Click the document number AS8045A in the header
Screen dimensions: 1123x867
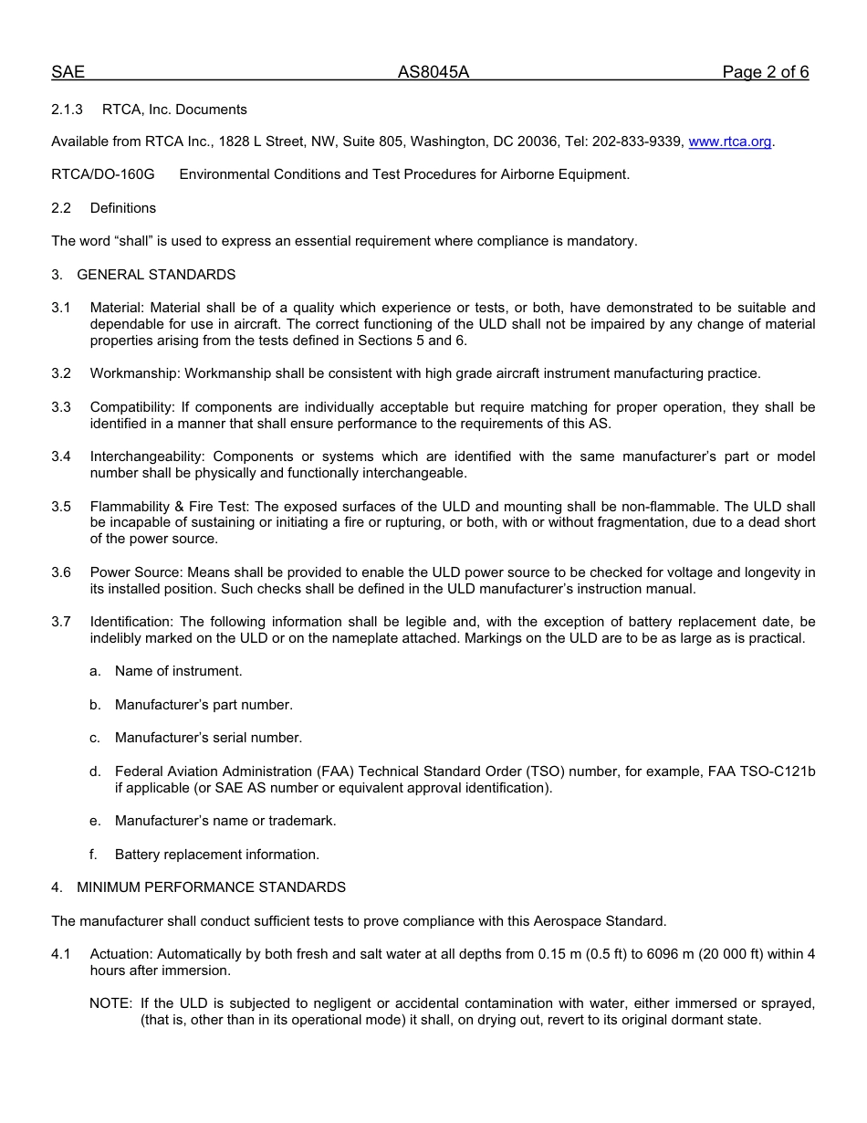click(x=433, y=73)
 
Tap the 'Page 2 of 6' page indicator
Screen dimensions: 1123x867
click(x=765, y=73)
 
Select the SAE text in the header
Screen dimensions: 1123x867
click(x=68, y=73)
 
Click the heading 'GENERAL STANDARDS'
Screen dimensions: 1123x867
click(x=156, y=275)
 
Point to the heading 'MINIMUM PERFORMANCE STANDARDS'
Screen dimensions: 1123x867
click(x=211, y=887)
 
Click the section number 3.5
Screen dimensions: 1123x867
click(x=61, y=507)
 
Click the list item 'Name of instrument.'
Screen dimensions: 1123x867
click(x=179, y=671)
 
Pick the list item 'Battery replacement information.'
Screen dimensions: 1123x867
click(x=217, y=855)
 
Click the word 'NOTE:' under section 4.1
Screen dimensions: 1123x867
click(x=110, y=1003)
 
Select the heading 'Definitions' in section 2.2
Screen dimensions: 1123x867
click(x=123, y=208)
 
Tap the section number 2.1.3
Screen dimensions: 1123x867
click(x=67, y=110)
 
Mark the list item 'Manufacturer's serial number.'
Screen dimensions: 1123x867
click(x=208, y=738)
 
